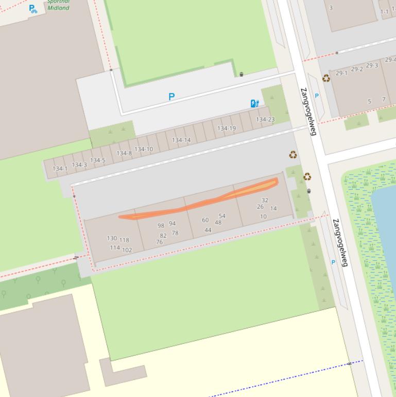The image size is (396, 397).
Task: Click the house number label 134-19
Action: pos(227,128)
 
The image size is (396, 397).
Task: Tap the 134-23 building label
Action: pos(265,120)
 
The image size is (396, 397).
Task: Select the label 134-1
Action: pos(60,169)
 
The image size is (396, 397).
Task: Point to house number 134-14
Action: pos(181,140)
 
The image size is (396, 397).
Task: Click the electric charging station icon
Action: pos(254,104)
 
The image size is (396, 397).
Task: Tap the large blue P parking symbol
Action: pos(171,96)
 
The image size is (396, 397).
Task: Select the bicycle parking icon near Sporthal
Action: pos(33,9)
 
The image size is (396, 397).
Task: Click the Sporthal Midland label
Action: pos(58,5)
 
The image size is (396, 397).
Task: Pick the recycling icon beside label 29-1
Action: pos(326,78)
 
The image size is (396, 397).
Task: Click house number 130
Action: pos(112,238)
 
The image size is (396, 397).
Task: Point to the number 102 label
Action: pos(127,250)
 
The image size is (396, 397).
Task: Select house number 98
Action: pos(161,226)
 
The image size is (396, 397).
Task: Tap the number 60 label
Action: pos(205,220)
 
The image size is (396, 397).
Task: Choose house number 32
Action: pos(265,200)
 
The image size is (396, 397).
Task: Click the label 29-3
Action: pos(372,66)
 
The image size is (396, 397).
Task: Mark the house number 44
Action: pos(208,230)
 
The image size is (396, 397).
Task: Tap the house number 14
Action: pos(273,209)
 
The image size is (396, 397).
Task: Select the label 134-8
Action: pos(124,153)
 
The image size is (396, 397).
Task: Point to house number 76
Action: pos(160,242)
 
